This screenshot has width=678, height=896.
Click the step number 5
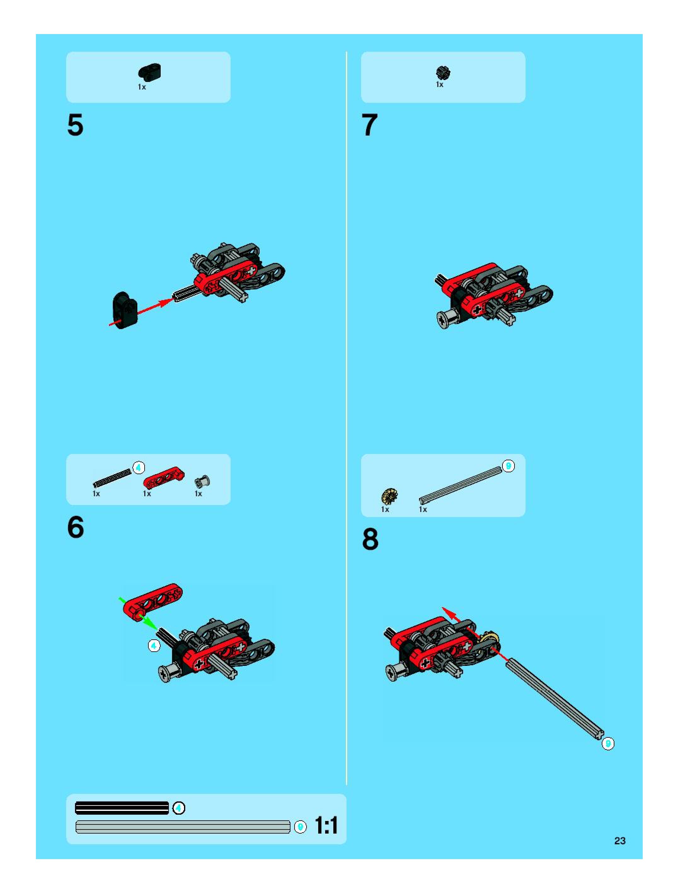click(75, 125)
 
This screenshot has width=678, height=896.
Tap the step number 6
click(76, 527)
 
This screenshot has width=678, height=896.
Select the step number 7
click(369, 125)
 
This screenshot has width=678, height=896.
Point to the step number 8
click(371, 539)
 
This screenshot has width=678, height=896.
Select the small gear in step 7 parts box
click(443, 73)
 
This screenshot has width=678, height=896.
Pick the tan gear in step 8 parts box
click(390, 496)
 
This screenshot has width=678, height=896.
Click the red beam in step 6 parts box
click(164, 477)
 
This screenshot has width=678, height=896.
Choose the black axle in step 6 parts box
click(112, 478)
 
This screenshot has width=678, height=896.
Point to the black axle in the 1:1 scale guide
click(122, 808)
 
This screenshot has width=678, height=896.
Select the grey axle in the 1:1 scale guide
click(183, 827)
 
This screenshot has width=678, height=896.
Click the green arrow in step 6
click(138, 613)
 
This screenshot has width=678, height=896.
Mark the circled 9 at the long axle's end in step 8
click(608, 744)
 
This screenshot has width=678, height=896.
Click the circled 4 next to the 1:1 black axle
click(179, 808)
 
